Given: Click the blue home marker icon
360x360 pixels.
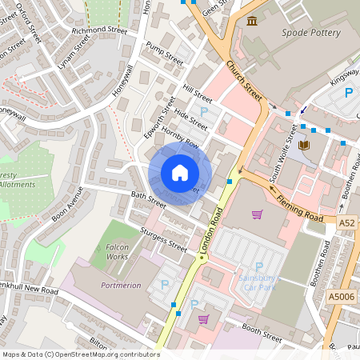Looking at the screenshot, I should [180, 173].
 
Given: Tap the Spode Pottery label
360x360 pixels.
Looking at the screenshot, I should [311, 33].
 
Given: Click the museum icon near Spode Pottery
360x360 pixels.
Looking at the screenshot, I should [253, 21].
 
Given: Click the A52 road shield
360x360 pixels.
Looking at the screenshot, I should [346, 222].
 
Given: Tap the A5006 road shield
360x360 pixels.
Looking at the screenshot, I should [342, 297].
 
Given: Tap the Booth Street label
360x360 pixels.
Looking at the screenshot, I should [262, 332].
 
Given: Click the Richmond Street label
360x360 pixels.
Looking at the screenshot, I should [99, 31].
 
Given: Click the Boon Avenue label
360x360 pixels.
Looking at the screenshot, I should [67, 204].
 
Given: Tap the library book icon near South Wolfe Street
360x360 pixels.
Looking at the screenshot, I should [304, 145].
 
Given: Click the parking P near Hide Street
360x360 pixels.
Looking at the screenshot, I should [203, 111].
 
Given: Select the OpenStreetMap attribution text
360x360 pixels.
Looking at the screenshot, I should [80, 354].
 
